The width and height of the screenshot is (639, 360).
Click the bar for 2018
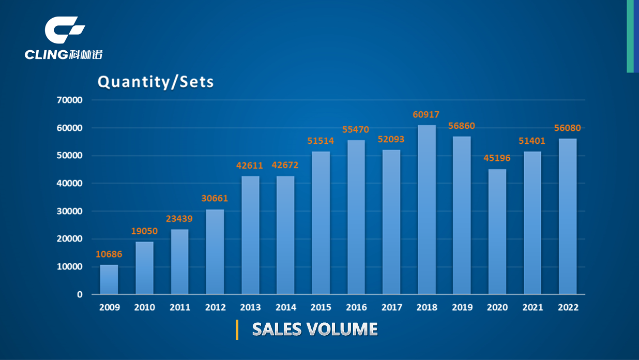(427, 209)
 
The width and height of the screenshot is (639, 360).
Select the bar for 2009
(109, 279)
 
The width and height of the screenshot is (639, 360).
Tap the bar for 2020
(497, 232)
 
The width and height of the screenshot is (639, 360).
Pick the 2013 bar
(250, 235)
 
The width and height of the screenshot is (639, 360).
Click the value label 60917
(426, 114)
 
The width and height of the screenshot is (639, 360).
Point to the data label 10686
(109, 254)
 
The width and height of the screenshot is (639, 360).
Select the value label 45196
(497, 158)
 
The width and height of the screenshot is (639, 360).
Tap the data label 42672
(285, 166)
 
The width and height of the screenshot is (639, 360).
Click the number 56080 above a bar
(568, 128)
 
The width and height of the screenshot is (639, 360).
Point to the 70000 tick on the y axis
(69, 100)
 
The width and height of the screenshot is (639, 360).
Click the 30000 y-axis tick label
(69, 211)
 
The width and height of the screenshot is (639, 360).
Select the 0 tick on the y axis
(79, 294)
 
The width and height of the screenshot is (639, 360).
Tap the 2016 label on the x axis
(356, 307)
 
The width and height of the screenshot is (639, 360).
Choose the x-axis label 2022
(568, 307)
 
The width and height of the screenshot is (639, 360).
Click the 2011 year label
(180, 307)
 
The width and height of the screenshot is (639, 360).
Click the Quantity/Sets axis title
(156, 82)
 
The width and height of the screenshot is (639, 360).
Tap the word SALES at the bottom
(277, 329)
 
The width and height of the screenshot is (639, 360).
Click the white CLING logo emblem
(64, 29)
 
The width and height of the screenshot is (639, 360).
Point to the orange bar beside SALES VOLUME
(237, 329)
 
